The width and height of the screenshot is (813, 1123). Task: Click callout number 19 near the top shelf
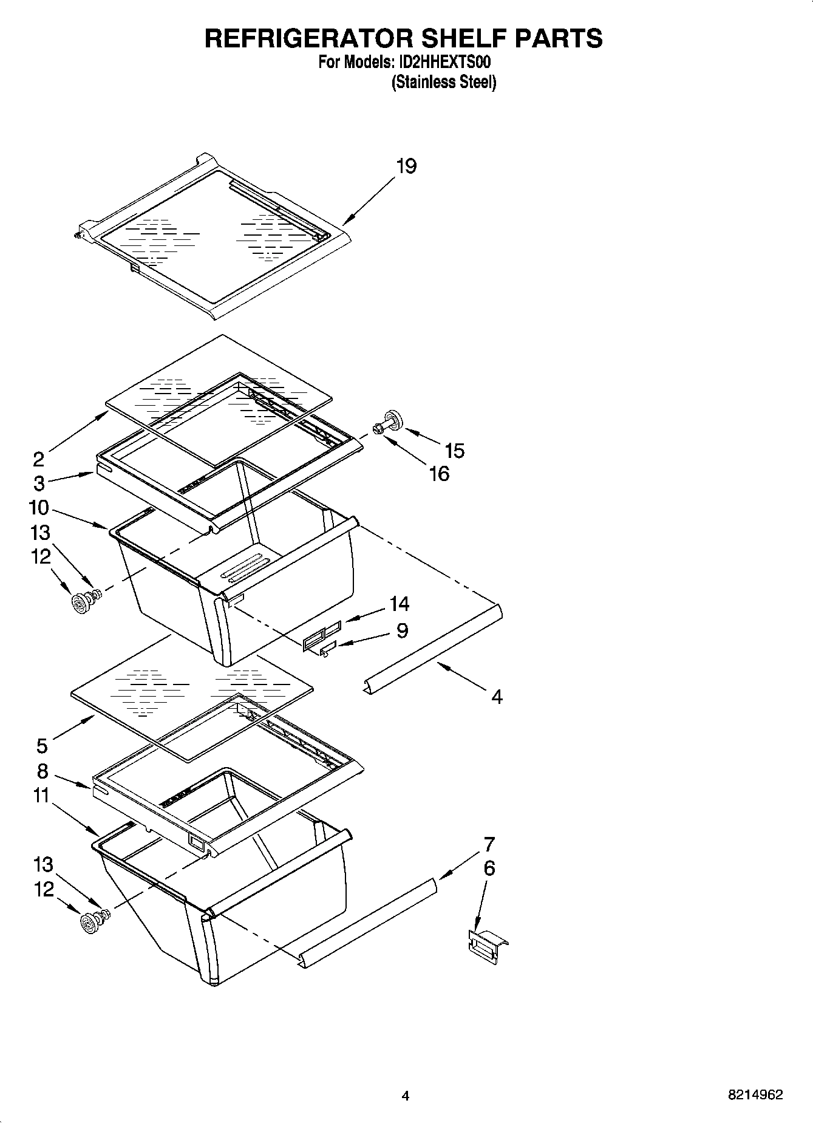point(406,166)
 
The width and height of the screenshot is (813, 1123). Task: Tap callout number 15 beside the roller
point(454,450)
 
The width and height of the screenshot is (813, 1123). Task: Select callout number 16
point(439,473)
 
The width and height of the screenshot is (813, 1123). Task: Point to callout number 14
point(399,604)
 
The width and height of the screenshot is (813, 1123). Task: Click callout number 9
point(402,630)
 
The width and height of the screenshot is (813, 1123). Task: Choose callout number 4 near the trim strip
point(497,697)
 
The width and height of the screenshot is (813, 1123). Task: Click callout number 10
point(38,507)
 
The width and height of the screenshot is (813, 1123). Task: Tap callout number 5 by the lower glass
point(41,745)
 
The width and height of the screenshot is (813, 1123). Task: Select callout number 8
point(42,771)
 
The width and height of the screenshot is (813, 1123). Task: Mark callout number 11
point(41,795)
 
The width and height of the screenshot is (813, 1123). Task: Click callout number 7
point(489,844)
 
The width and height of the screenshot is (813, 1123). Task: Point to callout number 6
point(489,868)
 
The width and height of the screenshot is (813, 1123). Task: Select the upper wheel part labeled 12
point(80,603)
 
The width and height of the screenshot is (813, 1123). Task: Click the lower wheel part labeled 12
point(89,923)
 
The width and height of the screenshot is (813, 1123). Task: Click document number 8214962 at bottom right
point(755,1095)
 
